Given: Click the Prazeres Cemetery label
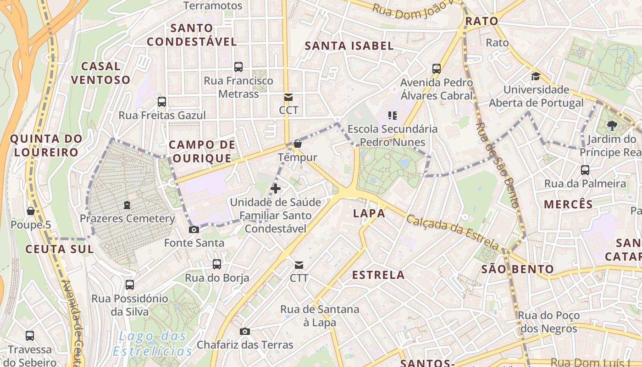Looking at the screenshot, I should click(127, 218).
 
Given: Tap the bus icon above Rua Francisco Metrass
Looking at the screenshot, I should click(238, 67).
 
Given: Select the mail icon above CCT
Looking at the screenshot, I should click(288, 97).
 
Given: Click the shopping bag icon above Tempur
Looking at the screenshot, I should click(298, 144).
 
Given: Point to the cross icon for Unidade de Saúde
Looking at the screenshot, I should click(276, 188).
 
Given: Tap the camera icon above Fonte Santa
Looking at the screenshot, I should click(194, 229).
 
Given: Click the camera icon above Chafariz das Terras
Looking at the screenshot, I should click(245, 331).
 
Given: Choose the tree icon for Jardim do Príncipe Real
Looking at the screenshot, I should click(612, 125).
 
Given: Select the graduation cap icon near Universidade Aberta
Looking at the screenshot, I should click(536, 76).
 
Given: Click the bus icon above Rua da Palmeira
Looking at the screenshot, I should click(585, 170).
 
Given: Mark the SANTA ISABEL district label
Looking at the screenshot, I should click(349, 46).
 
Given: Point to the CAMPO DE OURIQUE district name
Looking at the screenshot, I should click(202, 152).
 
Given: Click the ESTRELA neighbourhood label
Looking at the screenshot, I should click(378, 275).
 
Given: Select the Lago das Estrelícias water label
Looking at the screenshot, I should click(153, 344).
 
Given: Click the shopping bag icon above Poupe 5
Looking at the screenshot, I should click(31, 211).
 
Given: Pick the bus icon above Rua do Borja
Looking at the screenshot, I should click(217, 264).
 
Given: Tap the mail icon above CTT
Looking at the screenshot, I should click(299, 265).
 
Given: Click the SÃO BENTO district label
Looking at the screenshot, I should click(517, 269).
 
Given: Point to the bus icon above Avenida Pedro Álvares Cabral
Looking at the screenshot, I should click(437, 69).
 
